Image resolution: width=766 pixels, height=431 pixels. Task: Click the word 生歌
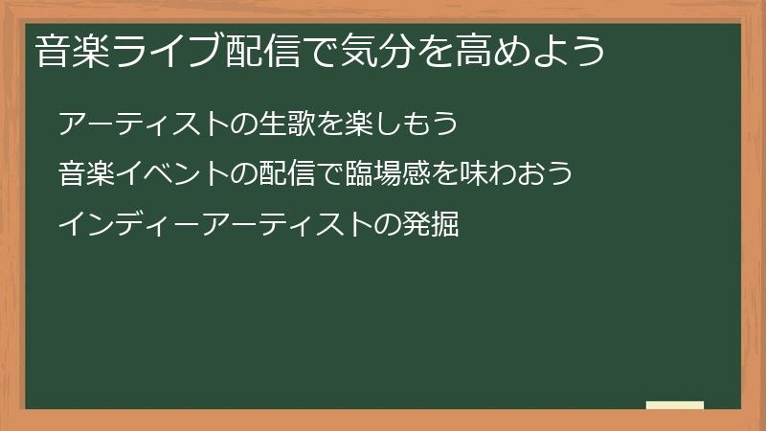coord(286,125)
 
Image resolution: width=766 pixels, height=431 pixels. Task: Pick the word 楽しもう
coord(403,125)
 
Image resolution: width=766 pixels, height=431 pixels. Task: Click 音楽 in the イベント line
coord(85,174)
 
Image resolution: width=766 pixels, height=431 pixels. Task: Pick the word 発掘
coord(431,225)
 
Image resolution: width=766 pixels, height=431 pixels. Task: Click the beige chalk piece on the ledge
coord(675,405)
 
